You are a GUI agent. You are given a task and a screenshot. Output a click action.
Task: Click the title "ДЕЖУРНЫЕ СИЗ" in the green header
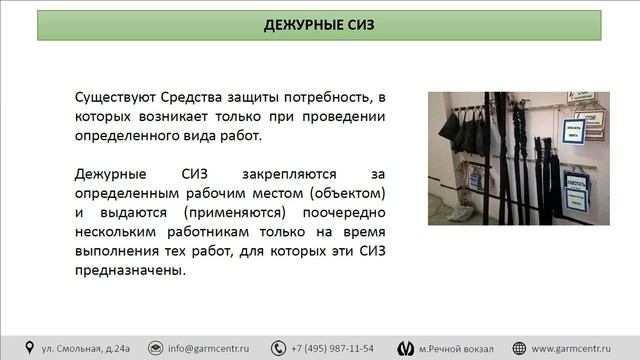point(319,24)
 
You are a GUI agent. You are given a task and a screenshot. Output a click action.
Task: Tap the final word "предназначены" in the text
point(128,270)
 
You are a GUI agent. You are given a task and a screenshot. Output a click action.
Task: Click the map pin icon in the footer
point(29,348)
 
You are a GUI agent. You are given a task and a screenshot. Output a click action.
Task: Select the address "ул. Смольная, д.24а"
point(86,348)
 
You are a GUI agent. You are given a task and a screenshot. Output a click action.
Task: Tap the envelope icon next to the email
point(155,348)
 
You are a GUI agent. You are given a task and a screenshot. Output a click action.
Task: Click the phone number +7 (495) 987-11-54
point(332,348)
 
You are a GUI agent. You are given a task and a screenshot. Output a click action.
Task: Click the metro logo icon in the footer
point(405,348)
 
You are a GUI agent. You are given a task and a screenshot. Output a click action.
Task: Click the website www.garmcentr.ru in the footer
point(580,348)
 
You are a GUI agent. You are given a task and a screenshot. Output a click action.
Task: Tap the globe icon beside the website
point(520,348)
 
